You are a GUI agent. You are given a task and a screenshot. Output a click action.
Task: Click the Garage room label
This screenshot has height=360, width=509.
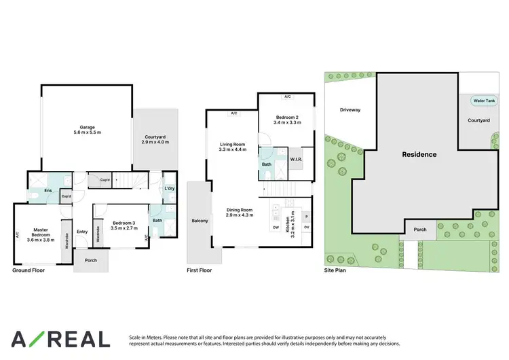click(x=87, y=127)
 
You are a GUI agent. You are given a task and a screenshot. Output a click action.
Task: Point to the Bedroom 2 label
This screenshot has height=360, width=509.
click(x=286, y=118)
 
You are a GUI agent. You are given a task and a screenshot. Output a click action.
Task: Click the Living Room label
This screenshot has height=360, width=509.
click(x=232, y=144)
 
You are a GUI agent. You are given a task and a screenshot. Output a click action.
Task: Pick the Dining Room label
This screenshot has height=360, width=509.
click(x=240, y=211)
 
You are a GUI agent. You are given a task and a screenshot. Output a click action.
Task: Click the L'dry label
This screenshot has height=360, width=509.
click(x=170, y=188)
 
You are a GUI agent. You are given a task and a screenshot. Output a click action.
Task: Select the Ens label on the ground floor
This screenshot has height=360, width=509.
click(x=48, y=191)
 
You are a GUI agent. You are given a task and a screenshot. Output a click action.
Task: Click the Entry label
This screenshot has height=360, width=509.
click(x=82, y=232)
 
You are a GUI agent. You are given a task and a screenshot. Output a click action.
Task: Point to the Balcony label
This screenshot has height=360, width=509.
click(x=200, y=221)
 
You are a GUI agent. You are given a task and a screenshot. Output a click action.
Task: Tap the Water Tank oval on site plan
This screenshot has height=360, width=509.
click(x=484, y=101)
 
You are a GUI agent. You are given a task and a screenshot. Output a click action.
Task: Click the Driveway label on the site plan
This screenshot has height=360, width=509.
click(x=350, y=109)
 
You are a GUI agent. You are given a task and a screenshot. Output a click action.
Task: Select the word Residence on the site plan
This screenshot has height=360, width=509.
click(x=419, y=154)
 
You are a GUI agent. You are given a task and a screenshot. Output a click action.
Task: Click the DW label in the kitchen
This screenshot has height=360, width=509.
click(x=276, y=228)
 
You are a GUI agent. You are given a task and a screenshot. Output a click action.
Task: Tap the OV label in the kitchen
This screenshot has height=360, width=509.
click(x=306, y=228)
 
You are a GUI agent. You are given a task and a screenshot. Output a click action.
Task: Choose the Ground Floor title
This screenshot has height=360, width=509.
click(x=28, y=270)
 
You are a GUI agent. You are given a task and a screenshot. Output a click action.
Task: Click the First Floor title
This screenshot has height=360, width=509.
click(x=200, y=270)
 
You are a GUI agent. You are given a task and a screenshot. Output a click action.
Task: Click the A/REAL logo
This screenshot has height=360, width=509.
click(x=60, y=339)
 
